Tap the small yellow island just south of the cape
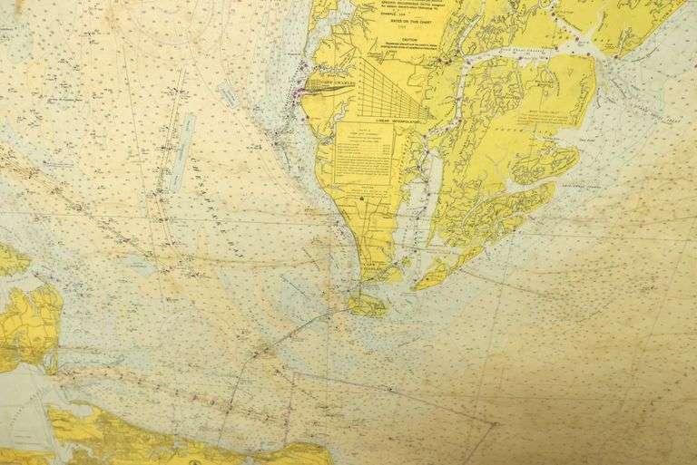pos(368,305)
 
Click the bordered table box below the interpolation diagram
pos(365,154)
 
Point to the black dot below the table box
pos(361,199)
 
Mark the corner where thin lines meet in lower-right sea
pos(495,422)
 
